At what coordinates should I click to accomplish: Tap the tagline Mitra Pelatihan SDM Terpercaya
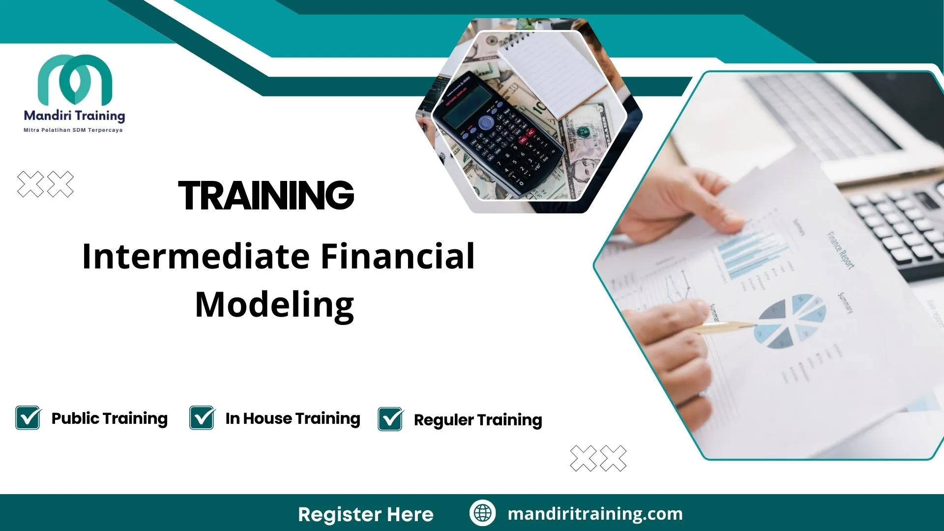coord(73,130)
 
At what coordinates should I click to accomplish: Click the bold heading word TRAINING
coord(266,195)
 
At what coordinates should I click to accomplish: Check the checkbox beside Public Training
coord(28,418)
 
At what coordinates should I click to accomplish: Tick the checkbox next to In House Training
coord(202,418)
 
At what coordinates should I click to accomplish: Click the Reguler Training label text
coord(478,420)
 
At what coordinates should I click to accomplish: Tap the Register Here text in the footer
coord(366,514)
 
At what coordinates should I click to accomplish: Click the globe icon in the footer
coord(482,513)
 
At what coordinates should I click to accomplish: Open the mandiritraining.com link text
coord(595,514)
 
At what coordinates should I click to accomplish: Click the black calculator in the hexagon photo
coord(497,133)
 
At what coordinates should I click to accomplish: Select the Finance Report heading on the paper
coord(840,250)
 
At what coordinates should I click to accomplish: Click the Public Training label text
coord(110,418)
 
